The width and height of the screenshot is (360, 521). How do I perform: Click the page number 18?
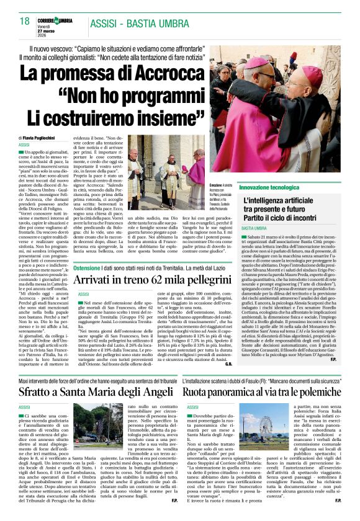pyautogui.click(x=25, y=21)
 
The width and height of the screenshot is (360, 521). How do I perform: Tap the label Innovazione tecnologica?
pyautogui.click(x=265, y=187)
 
